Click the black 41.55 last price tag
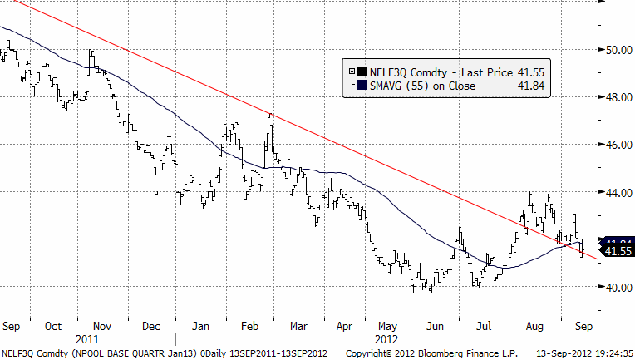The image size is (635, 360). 618,251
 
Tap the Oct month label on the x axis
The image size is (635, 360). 52,327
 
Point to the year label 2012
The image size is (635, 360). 387,340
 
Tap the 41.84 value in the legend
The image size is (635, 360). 531,84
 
